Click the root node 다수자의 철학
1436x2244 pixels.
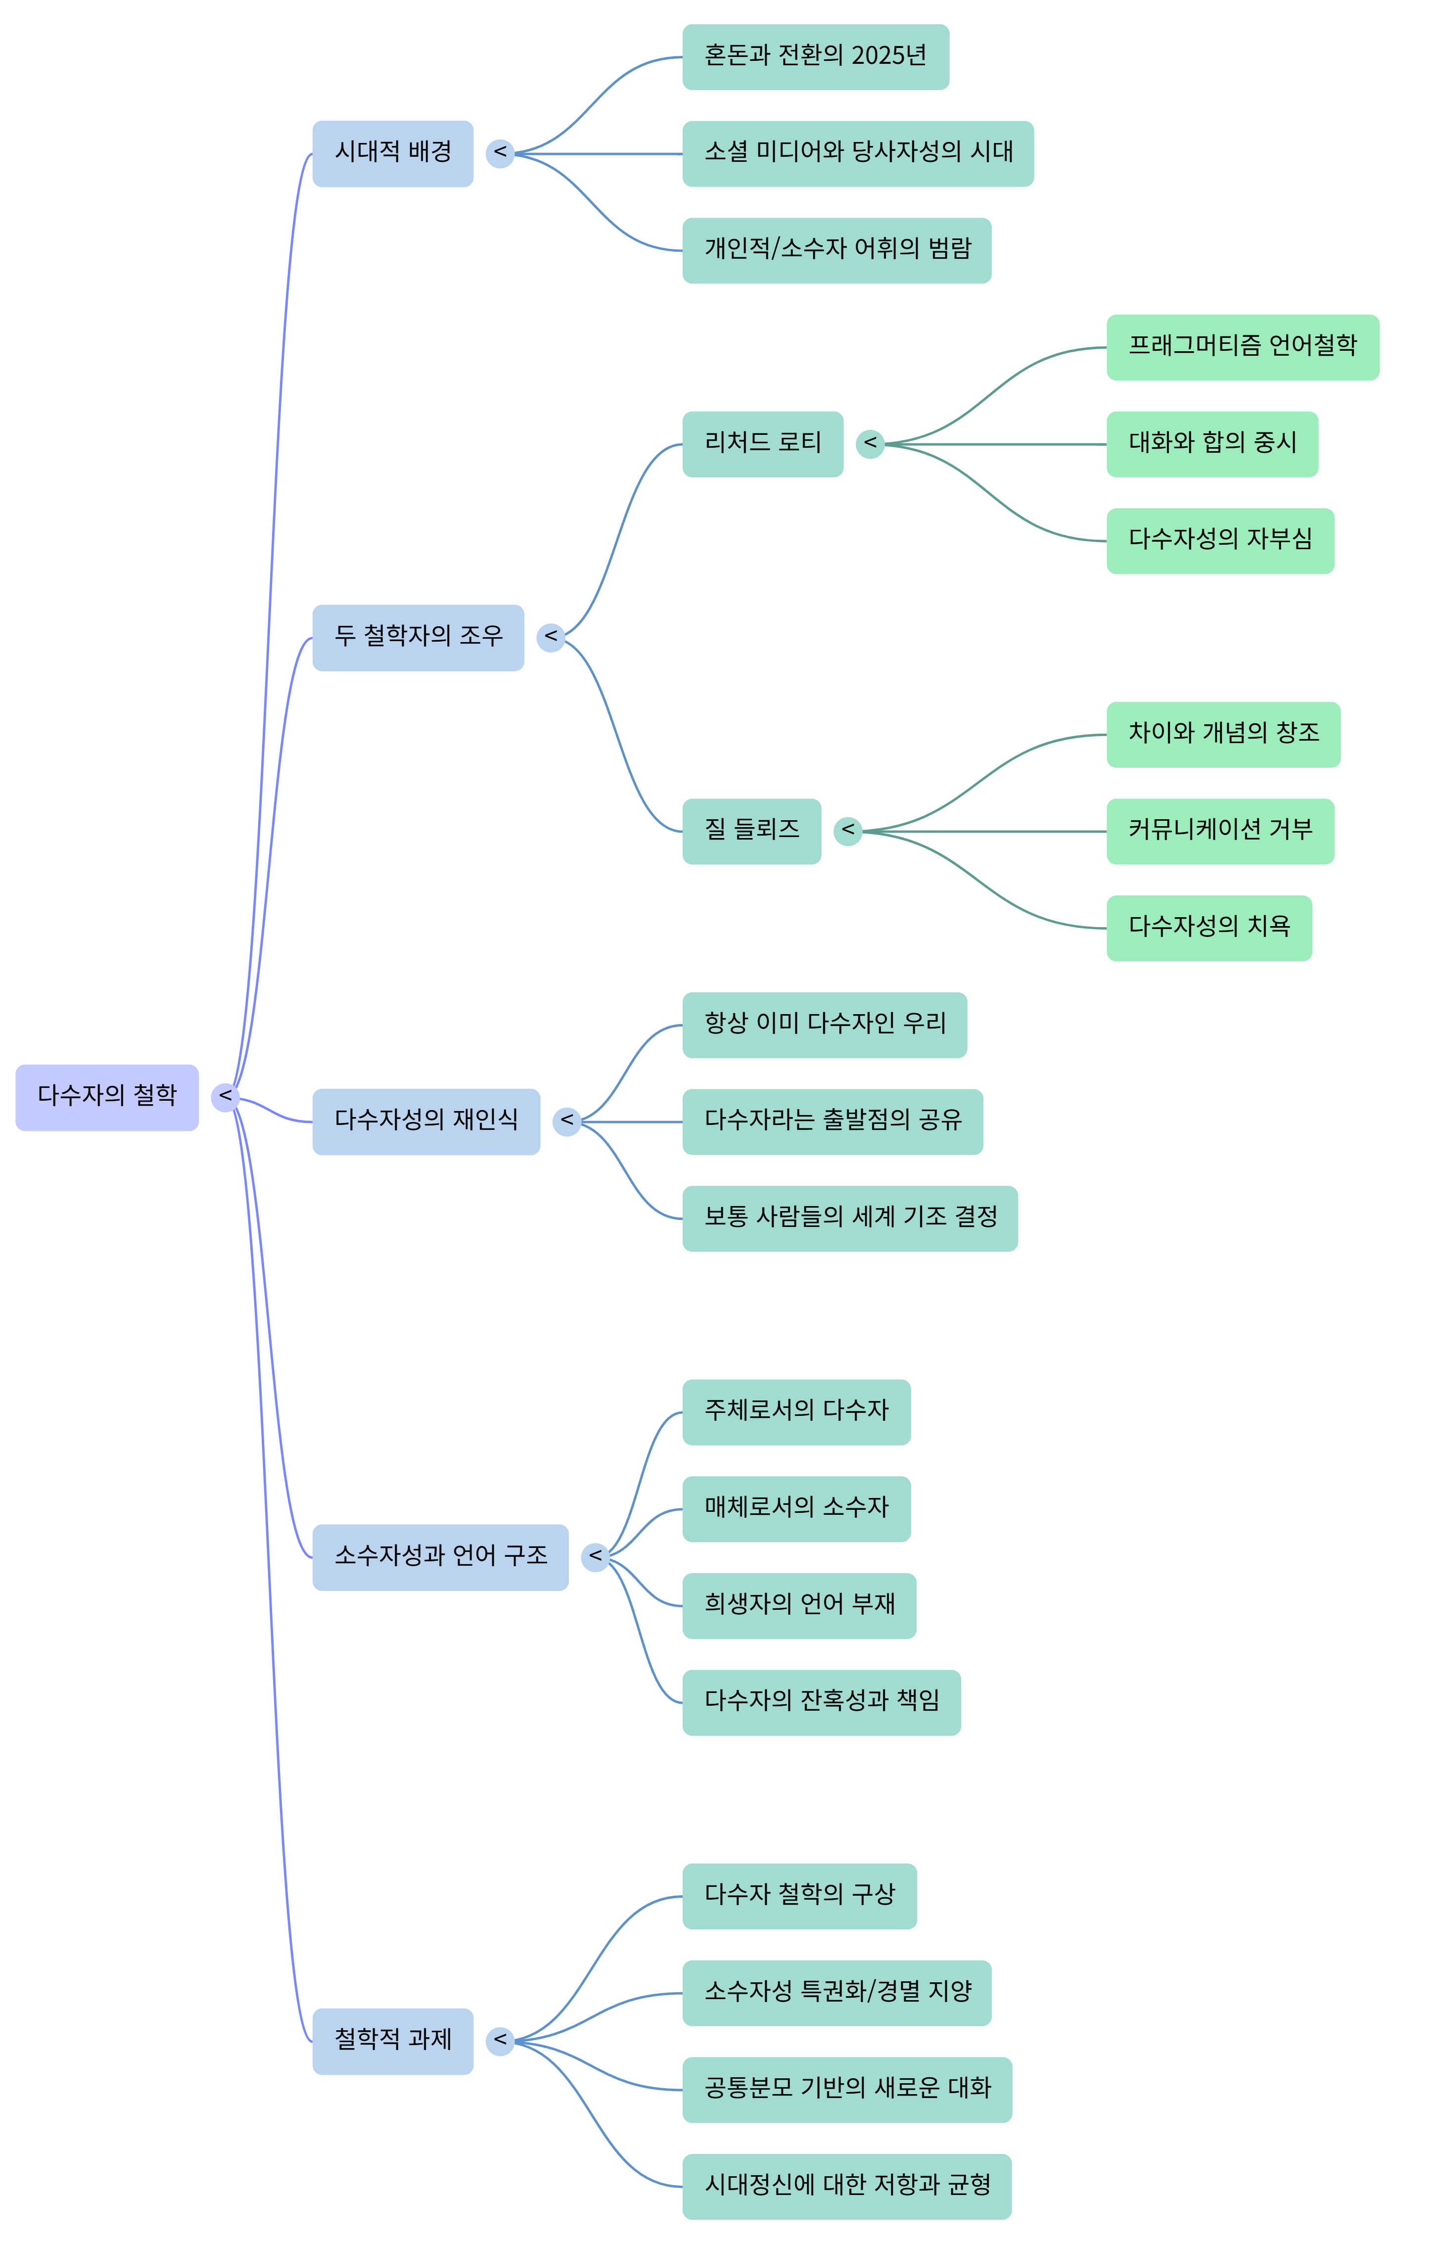106,1096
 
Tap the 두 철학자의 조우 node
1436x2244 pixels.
418,637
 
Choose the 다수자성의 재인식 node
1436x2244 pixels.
425,1121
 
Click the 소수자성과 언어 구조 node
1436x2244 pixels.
440,1556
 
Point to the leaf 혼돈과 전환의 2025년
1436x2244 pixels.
815,57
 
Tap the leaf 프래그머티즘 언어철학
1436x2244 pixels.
1242,347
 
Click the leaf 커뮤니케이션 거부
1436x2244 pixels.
1220,831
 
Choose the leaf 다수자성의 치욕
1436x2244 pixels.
1208,928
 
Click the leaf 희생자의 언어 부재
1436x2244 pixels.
799,1604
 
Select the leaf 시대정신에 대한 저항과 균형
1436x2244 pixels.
847,2185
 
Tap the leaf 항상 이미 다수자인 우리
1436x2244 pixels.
824,1025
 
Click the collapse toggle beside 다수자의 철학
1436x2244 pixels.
225,1096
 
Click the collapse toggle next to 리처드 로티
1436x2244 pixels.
870,444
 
